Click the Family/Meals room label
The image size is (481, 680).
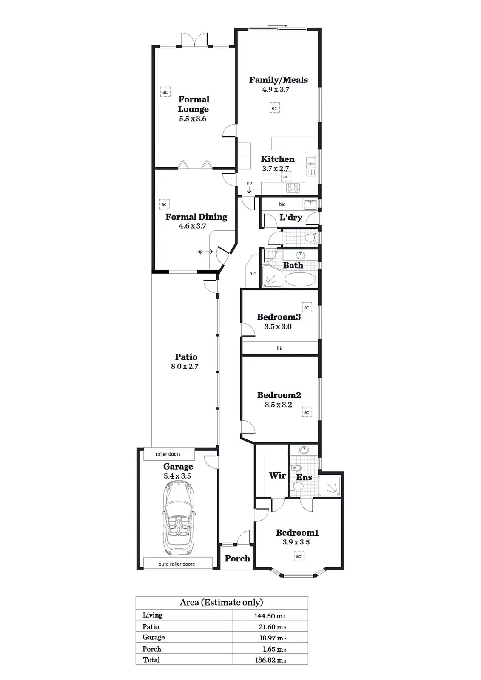click(278, 80)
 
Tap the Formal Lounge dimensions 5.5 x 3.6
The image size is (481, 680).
click(193, 119)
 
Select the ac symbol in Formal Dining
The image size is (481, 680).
click(164, 204)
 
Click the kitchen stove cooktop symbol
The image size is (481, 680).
click(293, 187)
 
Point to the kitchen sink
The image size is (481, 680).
click(311, 166)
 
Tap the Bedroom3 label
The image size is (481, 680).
click(279, 317)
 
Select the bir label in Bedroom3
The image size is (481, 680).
click(280, 348)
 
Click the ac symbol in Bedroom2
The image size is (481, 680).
click(307, 412)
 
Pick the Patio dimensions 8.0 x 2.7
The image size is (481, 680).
click(185, 366)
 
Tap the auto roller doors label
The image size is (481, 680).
click(176, 564)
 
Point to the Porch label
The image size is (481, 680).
click(237, 559)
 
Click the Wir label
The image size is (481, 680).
click(277, 476)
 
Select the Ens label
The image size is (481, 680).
click(305, 478)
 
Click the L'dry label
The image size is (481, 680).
click(290, 218)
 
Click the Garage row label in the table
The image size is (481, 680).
click(154, 637)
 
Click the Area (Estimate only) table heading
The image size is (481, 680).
click(221, 602)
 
